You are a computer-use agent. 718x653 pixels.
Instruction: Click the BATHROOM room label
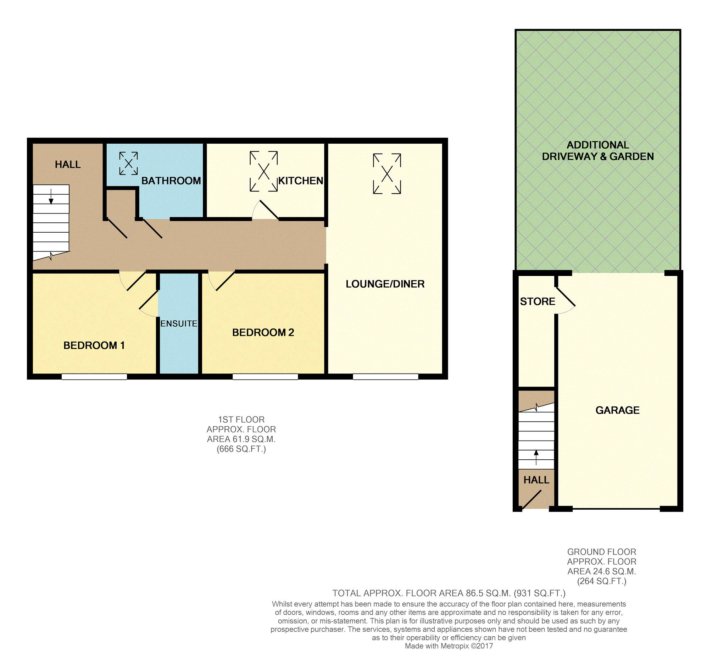pos(171,181)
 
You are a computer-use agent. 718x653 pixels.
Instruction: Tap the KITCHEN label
pos(301,181)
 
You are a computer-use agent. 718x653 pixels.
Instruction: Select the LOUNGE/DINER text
pos(385,284)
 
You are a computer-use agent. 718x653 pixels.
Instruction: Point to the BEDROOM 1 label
pos(94,345)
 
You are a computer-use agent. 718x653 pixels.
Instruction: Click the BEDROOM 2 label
pos(263,332)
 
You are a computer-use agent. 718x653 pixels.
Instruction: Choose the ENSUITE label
pos(179,323)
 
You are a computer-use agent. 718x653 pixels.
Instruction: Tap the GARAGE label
pos(618,410)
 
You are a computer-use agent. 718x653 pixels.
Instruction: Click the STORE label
pos(538,301)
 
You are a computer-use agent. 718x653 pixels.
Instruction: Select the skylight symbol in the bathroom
pos(129,164)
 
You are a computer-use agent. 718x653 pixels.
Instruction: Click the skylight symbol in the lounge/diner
pos(387,174)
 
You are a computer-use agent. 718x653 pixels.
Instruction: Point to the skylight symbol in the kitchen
pos(263,171)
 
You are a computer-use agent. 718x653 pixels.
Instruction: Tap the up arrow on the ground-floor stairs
pos(536,458)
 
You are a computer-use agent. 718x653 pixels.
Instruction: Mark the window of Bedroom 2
pos(265,377)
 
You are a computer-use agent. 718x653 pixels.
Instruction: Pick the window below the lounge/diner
pos(385,377)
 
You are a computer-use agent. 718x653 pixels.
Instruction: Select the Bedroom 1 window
pos(94,377)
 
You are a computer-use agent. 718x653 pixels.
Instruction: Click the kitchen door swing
pos(265,210)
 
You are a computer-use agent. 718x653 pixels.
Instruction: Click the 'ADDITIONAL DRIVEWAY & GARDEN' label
pos(598,151)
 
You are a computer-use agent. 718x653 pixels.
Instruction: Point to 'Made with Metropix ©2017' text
pos(449,646)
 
